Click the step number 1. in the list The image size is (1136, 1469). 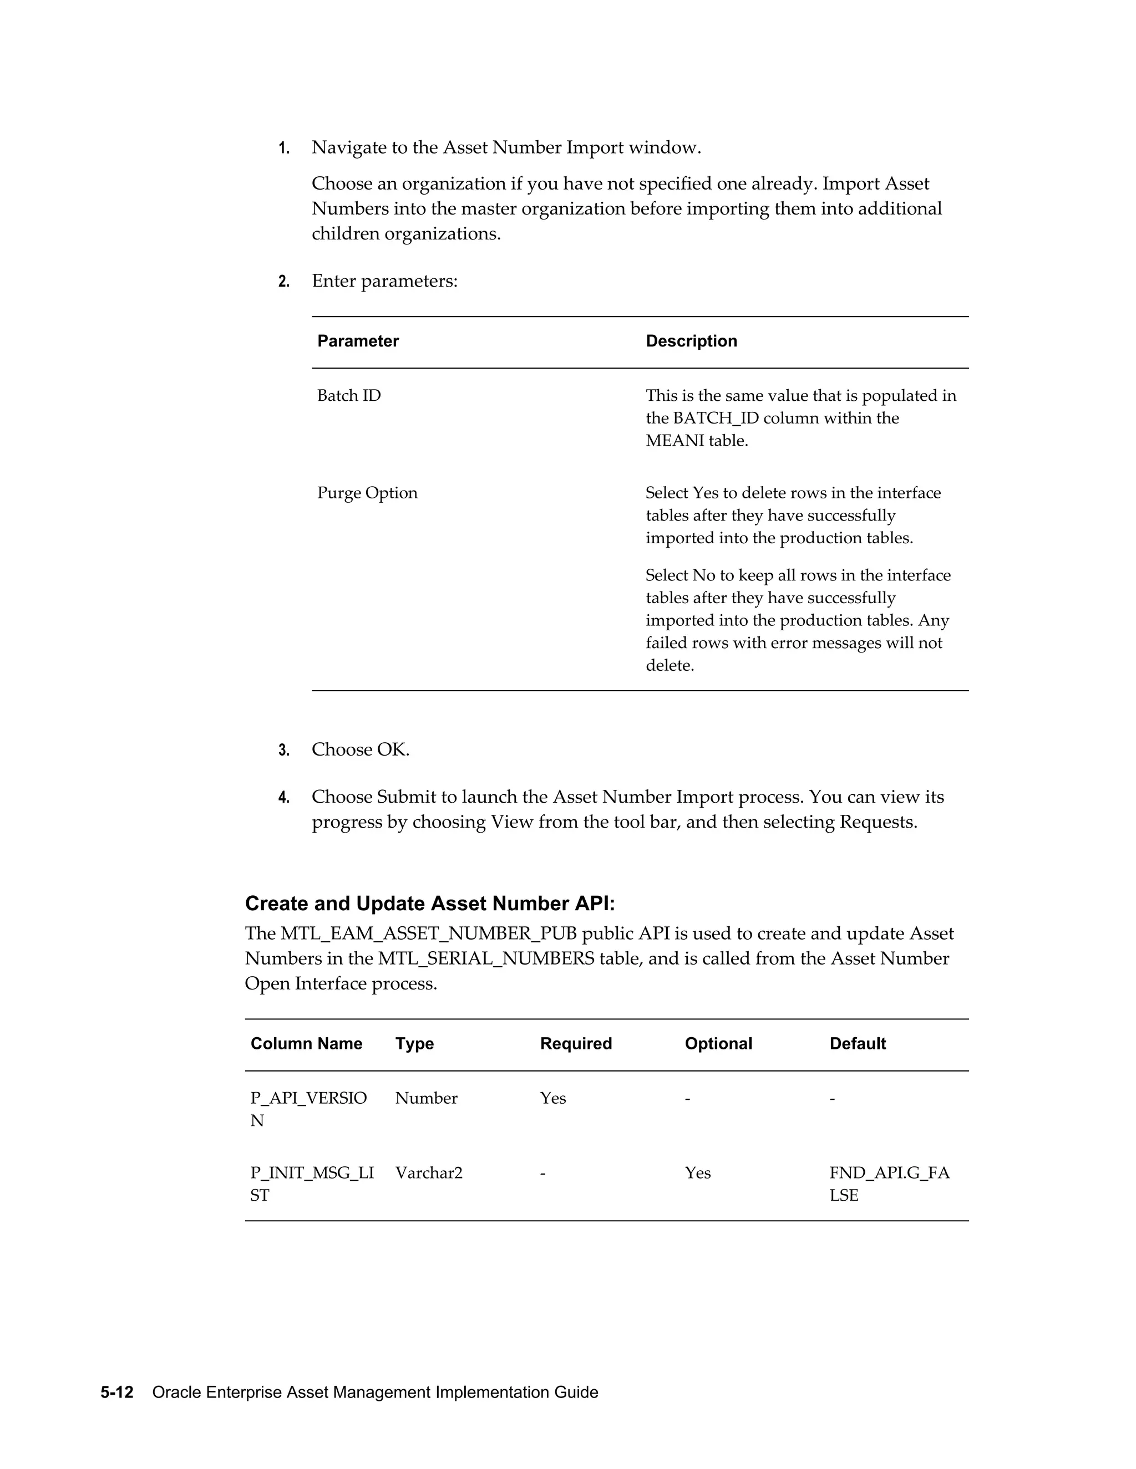284,149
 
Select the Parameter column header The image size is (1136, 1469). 357,341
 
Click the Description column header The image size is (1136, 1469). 691,341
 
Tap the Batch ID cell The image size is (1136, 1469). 348,395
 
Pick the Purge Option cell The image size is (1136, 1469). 367,493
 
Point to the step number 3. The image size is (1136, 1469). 284,751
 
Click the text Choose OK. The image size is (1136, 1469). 360,750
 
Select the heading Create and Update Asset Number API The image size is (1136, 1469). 429,904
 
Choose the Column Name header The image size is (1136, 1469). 306,1044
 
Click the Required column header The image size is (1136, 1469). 575,1044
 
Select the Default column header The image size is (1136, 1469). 858,1044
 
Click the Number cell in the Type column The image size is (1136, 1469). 426,1098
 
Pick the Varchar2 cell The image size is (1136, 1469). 429,1173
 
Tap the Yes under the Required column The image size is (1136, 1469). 552,1098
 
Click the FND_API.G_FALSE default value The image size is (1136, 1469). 889,1184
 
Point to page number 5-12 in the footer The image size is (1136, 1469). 117,1393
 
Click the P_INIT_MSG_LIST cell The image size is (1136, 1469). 312,1184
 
